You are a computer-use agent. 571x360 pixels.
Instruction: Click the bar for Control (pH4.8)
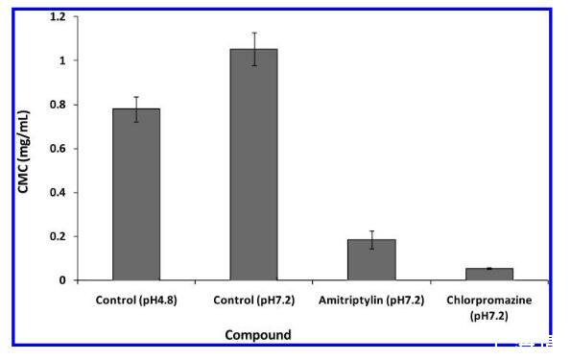136,194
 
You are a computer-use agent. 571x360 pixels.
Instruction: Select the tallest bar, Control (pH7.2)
253,164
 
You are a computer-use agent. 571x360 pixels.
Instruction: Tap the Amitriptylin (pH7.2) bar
371,260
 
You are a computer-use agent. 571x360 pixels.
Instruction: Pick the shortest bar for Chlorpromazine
489,275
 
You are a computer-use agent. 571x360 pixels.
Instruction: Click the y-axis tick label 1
62,60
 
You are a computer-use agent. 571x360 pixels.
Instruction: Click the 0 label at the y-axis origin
62,280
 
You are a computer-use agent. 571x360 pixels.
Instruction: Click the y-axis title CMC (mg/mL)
24,152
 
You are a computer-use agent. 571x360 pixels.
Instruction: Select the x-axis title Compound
258,335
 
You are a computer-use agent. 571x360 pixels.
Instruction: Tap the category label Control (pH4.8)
136,300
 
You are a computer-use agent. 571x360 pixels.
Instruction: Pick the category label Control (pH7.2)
253,300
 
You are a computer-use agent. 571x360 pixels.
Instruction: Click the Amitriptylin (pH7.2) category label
371,300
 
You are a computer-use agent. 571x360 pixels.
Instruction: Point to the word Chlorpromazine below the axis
489,300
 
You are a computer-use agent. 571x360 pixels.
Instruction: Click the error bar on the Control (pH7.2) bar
254,49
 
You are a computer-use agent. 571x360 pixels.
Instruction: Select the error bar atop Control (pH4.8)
136,109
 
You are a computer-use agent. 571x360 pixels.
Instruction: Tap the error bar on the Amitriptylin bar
371,240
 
